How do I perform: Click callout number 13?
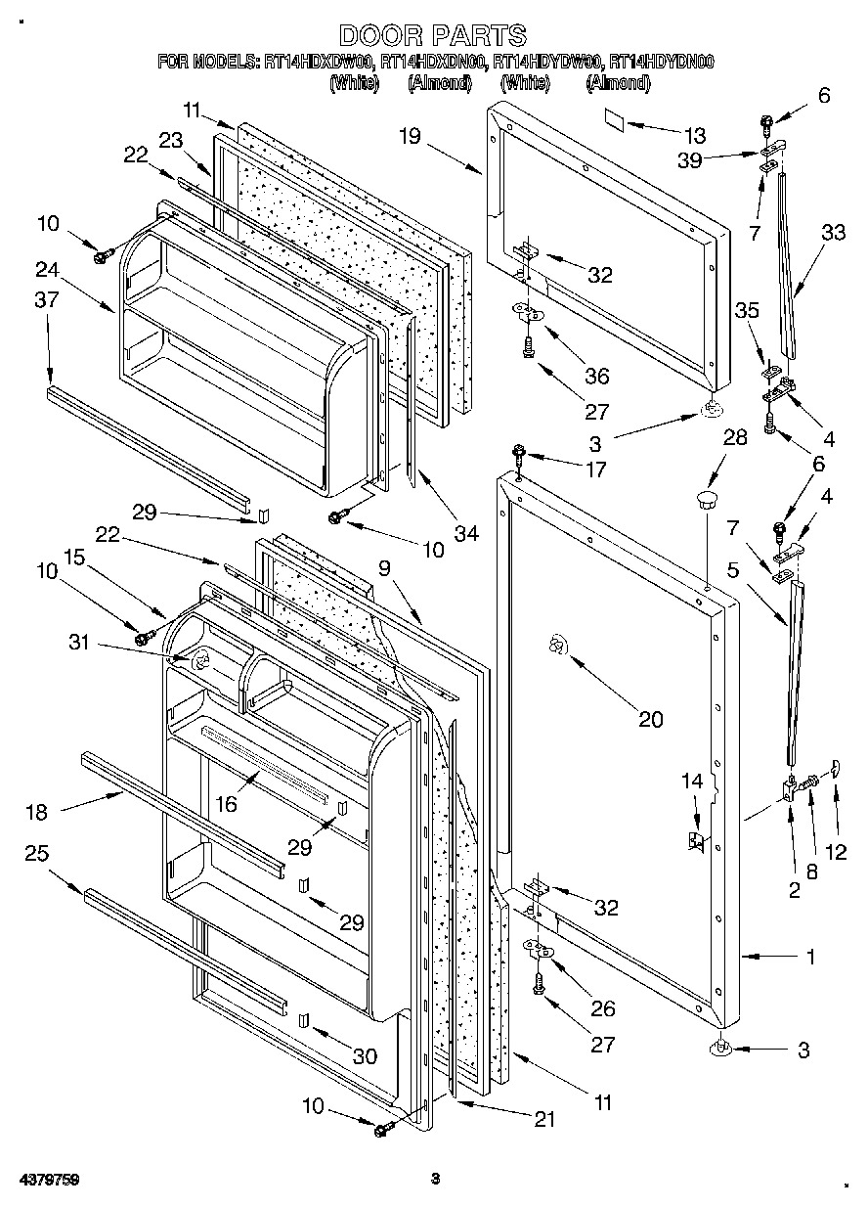(695, 135)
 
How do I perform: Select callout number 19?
(410, 136)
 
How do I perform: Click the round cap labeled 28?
(705, 502)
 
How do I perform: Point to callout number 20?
(650, 720)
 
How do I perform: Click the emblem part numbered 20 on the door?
(555, 645)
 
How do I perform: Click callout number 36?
(595, 376)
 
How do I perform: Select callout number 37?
(47, 301)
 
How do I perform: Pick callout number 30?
(364, 1056)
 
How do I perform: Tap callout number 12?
(836, 851)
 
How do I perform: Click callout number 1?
(810, 957)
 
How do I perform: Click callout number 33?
(834, 233)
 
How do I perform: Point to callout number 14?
(692, 781)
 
